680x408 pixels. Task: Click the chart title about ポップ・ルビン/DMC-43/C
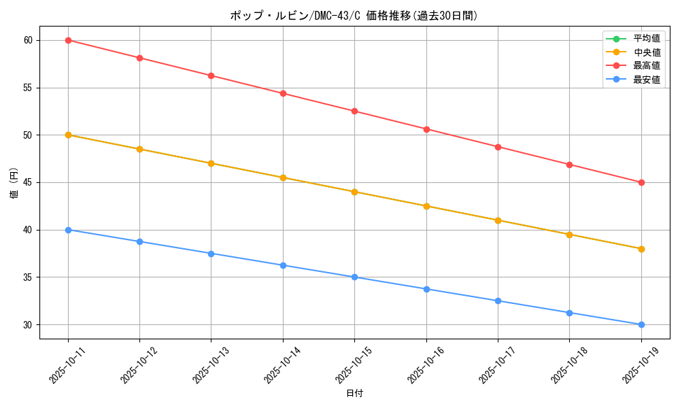[x=354, y=16]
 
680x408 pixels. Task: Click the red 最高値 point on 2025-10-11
[x=68, y=40]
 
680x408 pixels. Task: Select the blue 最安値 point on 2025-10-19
[x=641, y=324]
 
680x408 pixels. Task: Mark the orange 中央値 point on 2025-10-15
[x=354, y=192]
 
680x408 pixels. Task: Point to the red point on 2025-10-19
[x=641, y=182]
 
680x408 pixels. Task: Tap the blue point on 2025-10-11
[x=68, y=230]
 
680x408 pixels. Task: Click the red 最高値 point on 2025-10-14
[x=283, y=93]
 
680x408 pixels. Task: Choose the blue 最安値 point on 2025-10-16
[x=426, y=289]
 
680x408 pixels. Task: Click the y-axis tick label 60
[x=28, y=40]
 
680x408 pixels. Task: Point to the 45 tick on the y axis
[x=28, y=182]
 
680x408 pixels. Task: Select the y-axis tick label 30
[x=28, y=324]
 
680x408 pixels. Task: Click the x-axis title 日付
[x=354, y=394]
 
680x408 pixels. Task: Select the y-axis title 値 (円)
[x=14, y=182]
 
